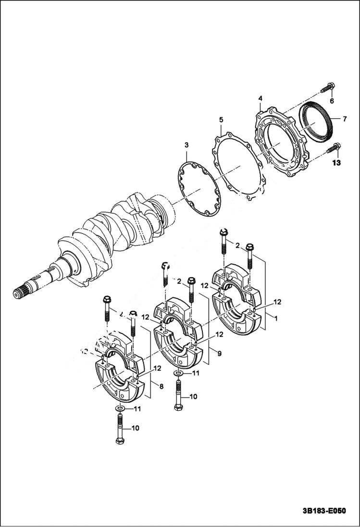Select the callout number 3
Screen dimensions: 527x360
[x=186, y=145]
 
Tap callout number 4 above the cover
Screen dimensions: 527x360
[x=260, y=98]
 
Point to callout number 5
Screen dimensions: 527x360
[x=221, y=119]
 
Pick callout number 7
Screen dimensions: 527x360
[x=345, y=118]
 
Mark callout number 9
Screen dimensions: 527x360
[x=219, y=354]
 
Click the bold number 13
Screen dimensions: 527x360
[x=335, y=163]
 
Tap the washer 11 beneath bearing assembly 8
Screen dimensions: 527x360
[x=120, y=408]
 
